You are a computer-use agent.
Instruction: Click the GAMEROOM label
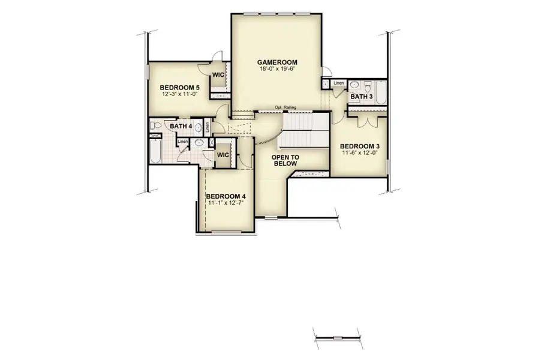tap(277, 62)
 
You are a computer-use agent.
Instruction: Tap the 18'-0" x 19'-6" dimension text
tap(277, 69)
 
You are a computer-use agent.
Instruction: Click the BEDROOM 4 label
tap(226, 196)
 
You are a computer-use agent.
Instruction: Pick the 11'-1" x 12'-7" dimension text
tap(226, 203)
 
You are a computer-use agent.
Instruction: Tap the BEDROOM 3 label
tap(360, 146)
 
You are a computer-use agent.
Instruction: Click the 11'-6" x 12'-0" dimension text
tap(360, 153)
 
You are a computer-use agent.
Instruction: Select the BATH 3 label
tap(362, 97)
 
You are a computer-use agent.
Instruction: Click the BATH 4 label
tap(181, 127)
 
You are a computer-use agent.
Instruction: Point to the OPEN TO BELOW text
tap(285, 160)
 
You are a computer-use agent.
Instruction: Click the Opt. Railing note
tap(285, 107)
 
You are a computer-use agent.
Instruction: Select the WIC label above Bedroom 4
tap(223, 154)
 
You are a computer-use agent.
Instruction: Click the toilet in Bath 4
tap(154, 126)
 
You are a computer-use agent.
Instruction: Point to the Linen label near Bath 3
tap(339, 83)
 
